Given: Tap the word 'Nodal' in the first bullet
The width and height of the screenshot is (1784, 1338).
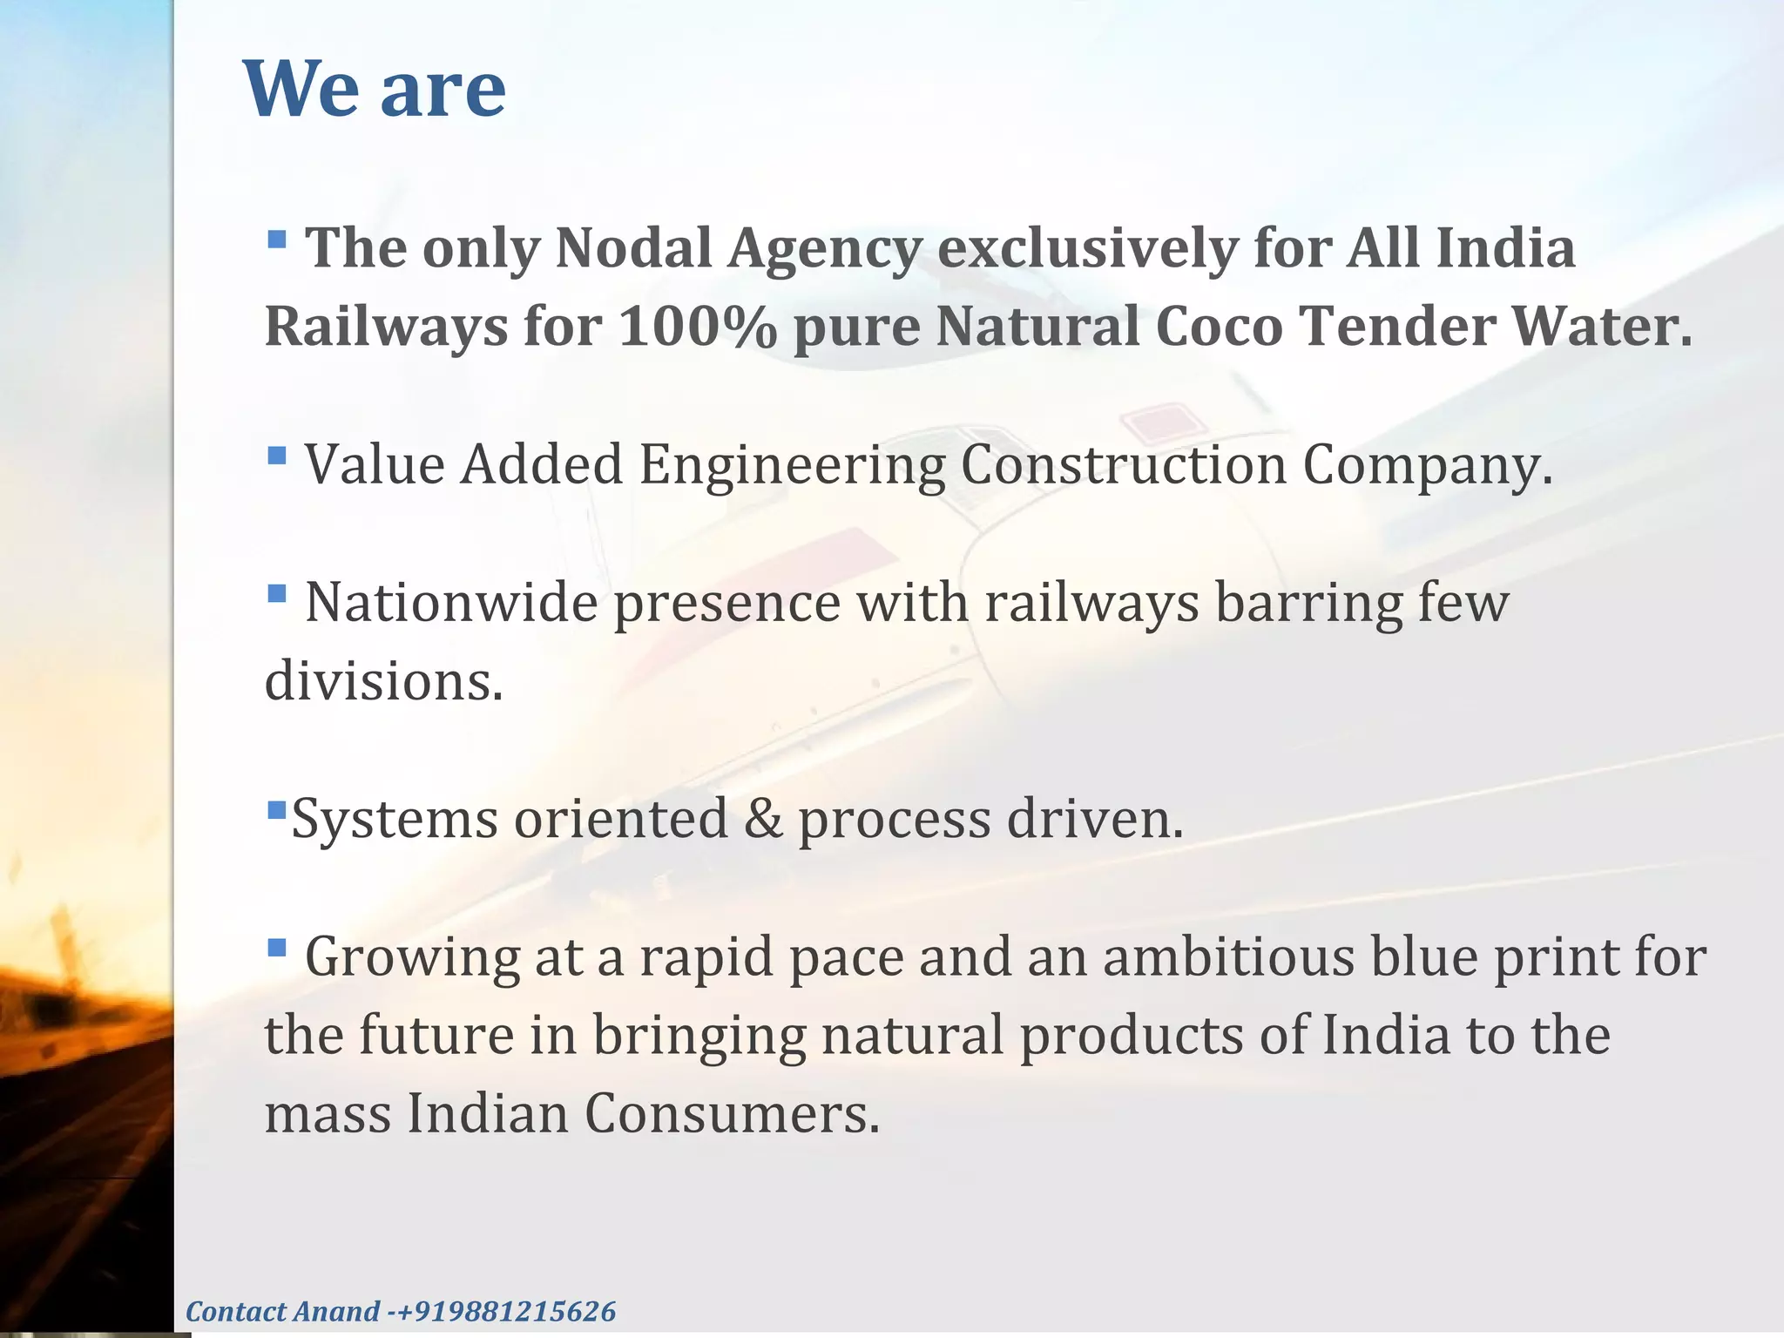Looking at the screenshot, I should click(633, 248).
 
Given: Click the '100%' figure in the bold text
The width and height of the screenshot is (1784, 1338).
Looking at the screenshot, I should click(697, 328).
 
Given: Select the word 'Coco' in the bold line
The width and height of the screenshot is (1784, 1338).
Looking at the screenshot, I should click(1219, 328).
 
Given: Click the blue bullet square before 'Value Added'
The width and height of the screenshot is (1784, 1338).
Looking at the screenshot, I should click(277, 455).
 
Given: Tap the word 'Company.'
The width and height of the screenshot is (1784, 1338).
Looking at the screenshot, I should click(1428, 466).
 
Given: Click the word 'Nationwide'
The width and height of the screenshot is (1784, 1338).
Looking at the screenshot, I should click(450, 603).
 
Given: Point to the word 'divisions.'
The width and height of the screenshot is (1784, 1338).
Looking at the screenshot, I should click(384, 681).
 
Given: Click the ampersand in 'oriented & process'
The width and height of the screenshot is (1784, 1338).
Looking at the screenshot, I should click(763, 820).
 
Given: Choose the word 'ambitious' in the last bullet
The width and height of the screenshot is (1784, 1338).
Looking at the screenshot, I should click(1227, 957).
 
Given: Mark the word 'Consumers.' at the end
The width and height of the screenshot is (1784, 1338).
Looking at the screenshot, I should click(732, 1114).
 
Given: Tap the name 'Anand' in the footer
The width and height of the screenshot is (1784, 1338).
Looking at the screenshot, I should click(335, 1312).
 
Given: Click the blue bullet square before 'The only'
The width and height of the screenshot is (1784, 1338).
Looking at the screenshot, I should click(277, 239).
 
